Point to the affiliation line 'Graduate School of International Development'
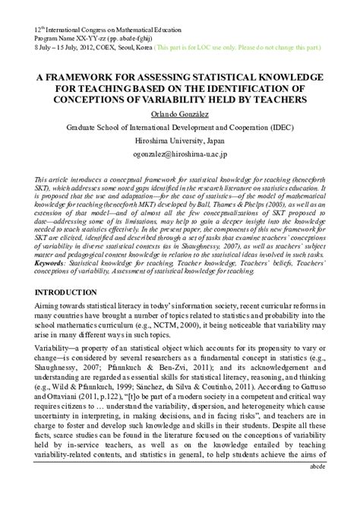pyautogui.click(x=179, y=129)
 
